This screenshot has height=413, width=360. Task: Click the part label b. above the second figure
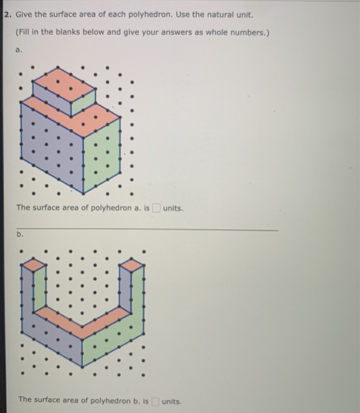click(x=19, y=234)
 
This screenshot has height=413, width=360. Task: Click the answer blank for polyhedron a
click(x=156, y=208)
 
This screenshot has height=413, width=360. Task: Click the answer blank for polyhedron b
click(x=156, y=400)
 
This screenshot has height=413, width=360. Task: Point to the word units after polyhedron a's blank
click(x=173, y=208)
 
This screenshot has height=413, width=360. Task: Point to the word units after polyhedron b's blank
click(x=172, y=400)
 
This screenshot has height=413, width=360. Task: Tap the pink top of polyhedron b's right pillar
click(x=131, y=264)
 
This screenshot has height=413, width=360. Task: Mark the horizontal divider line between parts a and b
click(x=148, y=229)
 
